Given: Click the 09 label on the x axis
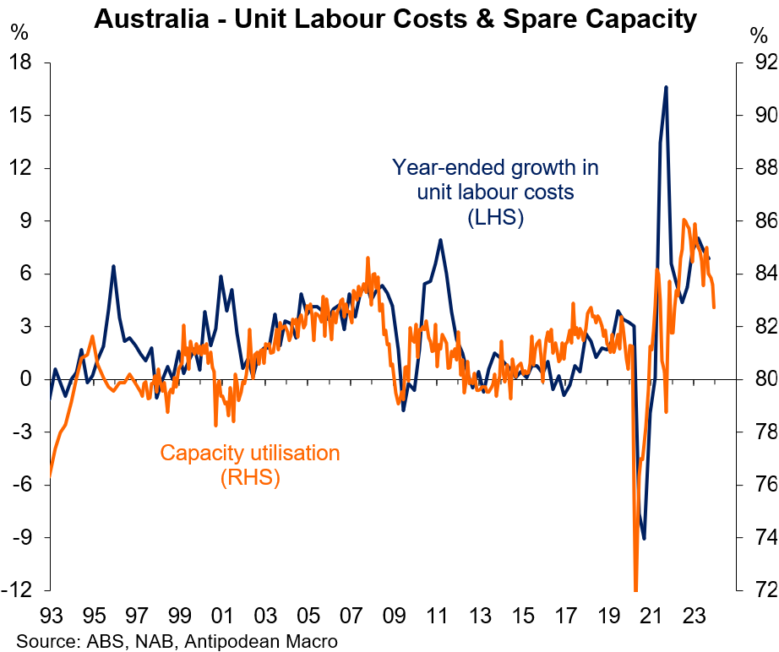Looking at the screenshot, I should click(x=395, y=614).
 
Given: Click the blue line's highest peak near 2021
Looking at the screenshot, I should click(x=666, y=87).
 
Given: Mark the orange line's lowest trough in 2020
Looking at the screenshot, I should click(x=635, y=589).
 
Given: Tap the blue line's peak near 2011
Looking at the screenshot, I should click(x=440, y=240).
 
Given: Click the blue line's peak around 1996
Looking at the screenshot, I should click(x=113, y=267).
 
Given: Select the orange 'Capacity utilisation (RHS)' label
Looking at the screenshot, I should click(x=250, y=465).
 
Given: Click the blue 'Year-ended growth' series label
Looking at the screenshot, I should click(x=495, y=193).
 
